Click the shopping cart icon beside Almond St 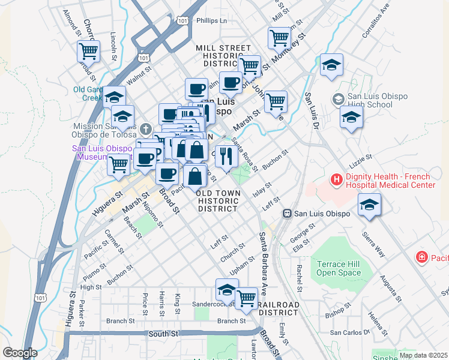click(88, 51)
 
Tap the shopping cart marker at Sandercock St click(246, 298)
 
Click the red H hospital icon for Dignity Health click(336, 179)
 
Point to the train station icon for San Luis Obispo click(288, 213)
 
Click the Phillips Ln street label click(212, 20)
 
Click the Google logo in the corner click(20, 353)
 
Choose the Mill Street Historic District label click(223, 55)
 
